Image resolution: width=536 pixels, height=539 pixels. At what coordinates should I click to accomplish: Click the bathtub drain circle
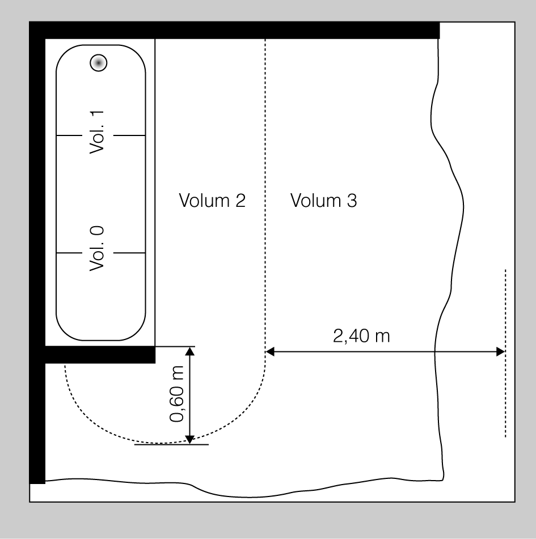[x=99, y=63]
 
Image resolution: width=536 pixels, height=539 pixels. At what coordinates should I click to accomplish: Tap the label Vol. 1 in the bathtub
[x=96, y=133]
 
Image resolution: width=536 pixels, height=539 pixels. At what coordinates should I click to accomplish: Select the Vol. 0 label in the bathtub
[x=96, y=249]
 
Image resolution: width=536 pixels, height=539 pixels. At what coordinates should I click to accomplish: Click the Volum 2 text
[x=212, y=200]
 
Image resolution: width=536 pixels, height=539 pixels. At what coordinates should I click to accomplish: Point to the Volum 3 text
[x=323, y=200]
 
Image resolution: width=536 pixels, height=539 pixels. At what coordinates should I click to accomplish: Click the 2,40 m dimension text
[x=361, y=336]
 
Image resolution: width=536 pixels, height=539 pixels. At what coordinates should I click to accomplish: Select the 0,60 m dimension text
[x=177, y=393]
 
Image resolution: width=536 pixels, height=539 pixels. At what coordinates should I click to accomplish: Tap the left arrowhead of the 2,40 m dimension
[x=270, y=351]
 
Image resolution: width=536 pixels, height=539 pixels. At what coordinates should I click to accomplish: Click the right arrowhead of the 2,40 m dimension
[x=501, y=351]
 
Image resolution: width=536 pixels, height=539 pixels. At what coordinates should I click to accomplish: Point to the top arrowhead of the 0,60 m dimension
[x=190, y=351]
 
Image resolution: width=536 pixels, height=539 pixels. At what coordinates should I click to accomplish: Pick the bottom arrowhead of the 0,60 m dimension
[x=190, y=439]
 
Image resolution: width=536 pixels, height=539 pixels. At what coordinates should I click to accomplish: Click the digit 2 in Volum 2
[x=240, y=201]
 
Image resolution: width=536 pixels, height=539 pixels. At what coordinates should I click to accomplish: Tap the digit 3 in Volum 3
[x=352, y=201]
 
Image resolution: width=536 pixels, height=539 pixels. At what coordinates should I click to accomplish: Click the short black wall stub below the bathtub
[x=100, y=354]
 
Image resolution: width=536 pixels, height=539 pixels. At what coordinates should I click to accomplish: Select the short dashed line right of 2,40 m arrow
[x=505, y=353]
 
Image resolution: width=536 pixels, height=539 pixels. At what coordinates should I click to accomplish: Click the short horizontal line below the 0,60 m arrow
[x=171, y=444]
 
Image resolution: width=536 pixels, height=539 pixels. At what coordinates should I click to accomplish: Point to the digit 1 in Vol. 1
[x=96, y=115]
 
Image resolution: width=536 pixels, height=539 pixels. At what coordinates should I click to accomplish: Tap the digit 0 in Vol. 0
[x=96, y=231]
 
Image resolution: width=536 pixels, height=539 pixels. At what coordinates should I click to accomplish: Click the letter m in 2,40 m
[x=383, y=337]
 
